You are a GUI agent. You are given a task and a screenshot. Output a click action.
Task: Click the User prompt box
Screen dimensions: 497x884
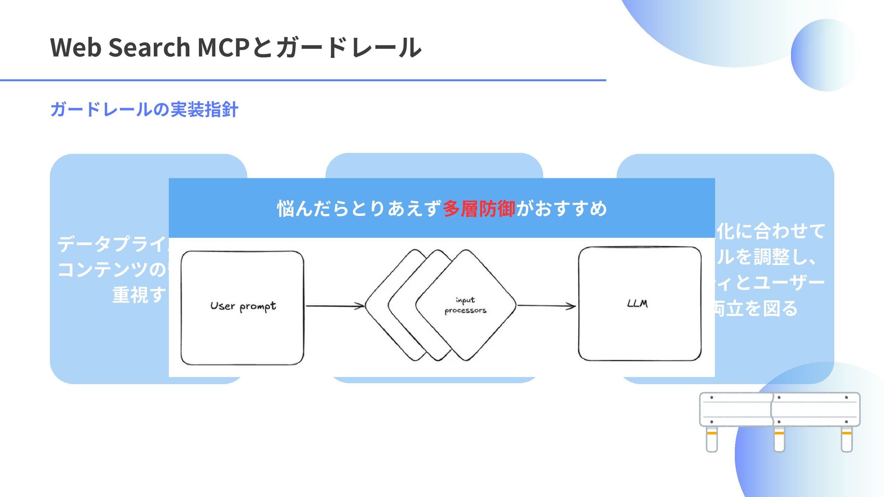pyautogui.click(x=242, y=307)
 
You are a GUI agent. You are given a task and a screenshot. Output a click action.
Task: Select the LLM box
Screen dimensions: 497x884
pyautogui.click(x=640, y=304)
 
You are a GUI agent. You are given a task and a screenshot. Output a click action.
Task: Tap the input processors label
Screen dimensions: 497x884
pyautogui.click(x=465, y=306)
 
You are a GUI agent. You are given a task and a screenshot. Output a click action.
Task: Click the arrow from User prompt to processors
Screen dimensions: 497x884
pyautogui.click(x=335, y=306)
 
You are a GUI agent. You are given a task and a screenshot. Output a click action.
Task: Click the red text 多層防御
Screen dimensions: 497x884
pyautogui.click(x=479, y=209)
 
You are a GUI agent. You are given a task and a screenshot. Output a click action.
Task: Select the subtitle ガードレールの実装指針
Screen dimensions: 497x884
pyautogui.click(x=144, y=110)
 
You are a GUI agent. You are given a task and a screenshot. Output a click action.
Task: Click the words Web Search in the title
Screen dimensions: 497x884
pyautogui.click(x=120, y=47)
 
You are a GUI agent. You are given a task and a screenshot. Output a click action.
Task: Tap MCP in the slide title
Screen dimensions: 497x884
pyautogui.click(x=223, y=47)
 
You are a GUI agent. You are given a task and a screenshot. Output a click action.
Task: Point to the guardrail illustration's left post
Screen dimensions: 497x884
pyautogui.click(x=712, y=439)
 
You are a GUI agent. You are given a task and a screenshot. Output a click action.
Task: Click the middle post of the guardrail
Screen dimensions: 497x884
pyautogui.click(x=779, y=439)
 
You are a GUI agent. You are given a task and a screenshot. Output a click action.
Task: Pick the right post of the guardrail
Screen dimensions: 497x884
pyautogui.click(x=846, y=439)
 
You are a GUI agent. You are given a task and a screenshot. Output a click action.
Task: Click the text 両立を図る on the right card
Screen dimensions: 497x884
pyautogui.click(x=755, y=308)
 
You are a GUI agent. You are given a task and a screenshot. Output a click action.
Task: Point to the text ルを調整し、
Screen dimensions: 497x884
pyautogui.click(x=767, y=257)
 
